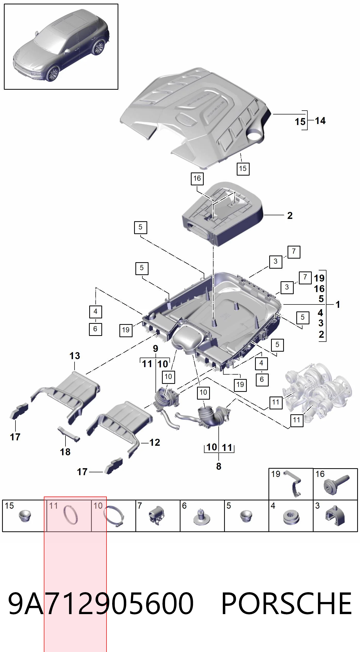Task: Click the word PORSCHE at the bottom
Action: [287, 604]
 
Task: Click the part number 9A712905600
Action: [101, 604]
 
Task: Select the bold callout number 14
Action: [320, 121]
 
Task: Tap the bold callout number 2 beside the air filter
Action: [290, 216]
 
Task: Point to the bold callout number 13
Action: [75, 356]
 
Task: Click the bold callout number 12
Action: [155, 442]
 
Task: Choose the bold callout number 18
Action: [65, 452]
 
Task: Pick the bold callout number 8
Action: [219, 466]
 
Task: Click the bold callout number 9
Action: [156, 349]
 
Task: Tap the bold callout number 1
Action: [338, 304]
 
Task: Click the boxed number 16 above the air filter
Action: [197, 178]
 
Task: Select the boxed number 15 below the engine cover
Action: [243, 169]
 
